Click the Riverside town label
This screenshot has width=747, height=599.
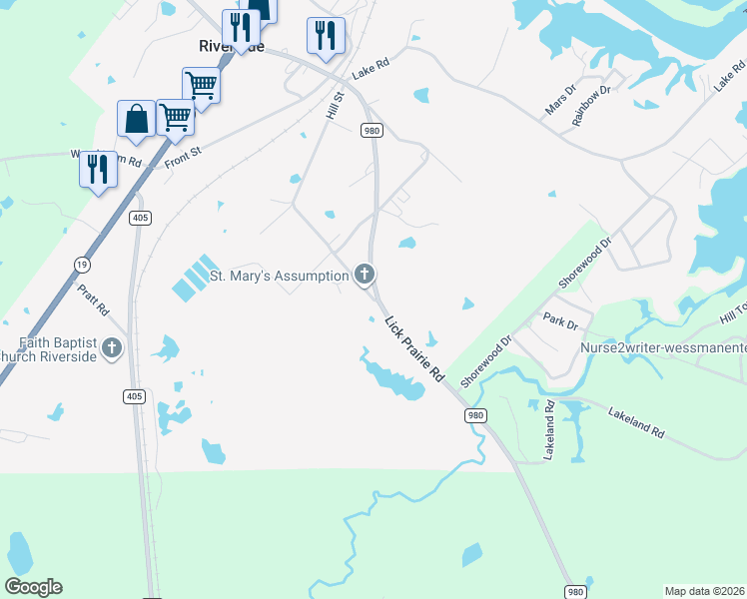(x=231, y=47)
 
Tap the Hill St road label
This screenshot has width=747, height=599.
(x=335, y=106)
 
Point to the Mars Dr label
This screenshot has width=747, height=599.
(x=560, y=101)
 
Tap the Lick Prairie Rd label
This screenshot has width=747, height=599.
(x=414, y=348)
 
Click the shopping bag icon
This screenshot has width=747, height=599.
(x=136, y=119)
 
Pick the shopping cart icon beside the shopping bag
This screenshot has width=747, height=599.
(x=175, y=117)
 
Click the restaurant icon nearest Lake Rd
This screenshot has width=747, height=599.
(x=326, y=36)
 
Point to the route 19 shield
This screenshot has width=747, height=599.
(x=79, y=264)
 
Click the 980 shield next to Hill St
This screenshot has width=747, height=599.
(x=372, y=131)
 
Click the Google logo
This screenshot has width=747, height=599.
(x=33, y=587)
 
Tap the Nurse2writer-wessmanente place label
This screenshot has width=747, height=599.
(x=663, y=348)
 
